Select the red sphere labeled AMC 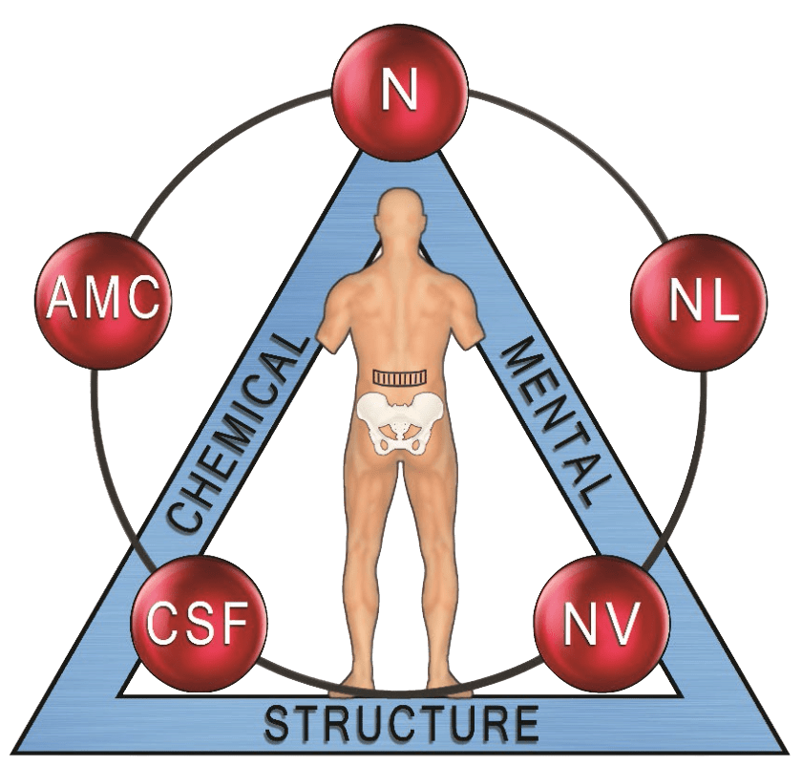[104, 300]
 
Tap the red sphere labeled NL [700, 300]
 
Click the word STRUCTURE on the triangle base [401, 724]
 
